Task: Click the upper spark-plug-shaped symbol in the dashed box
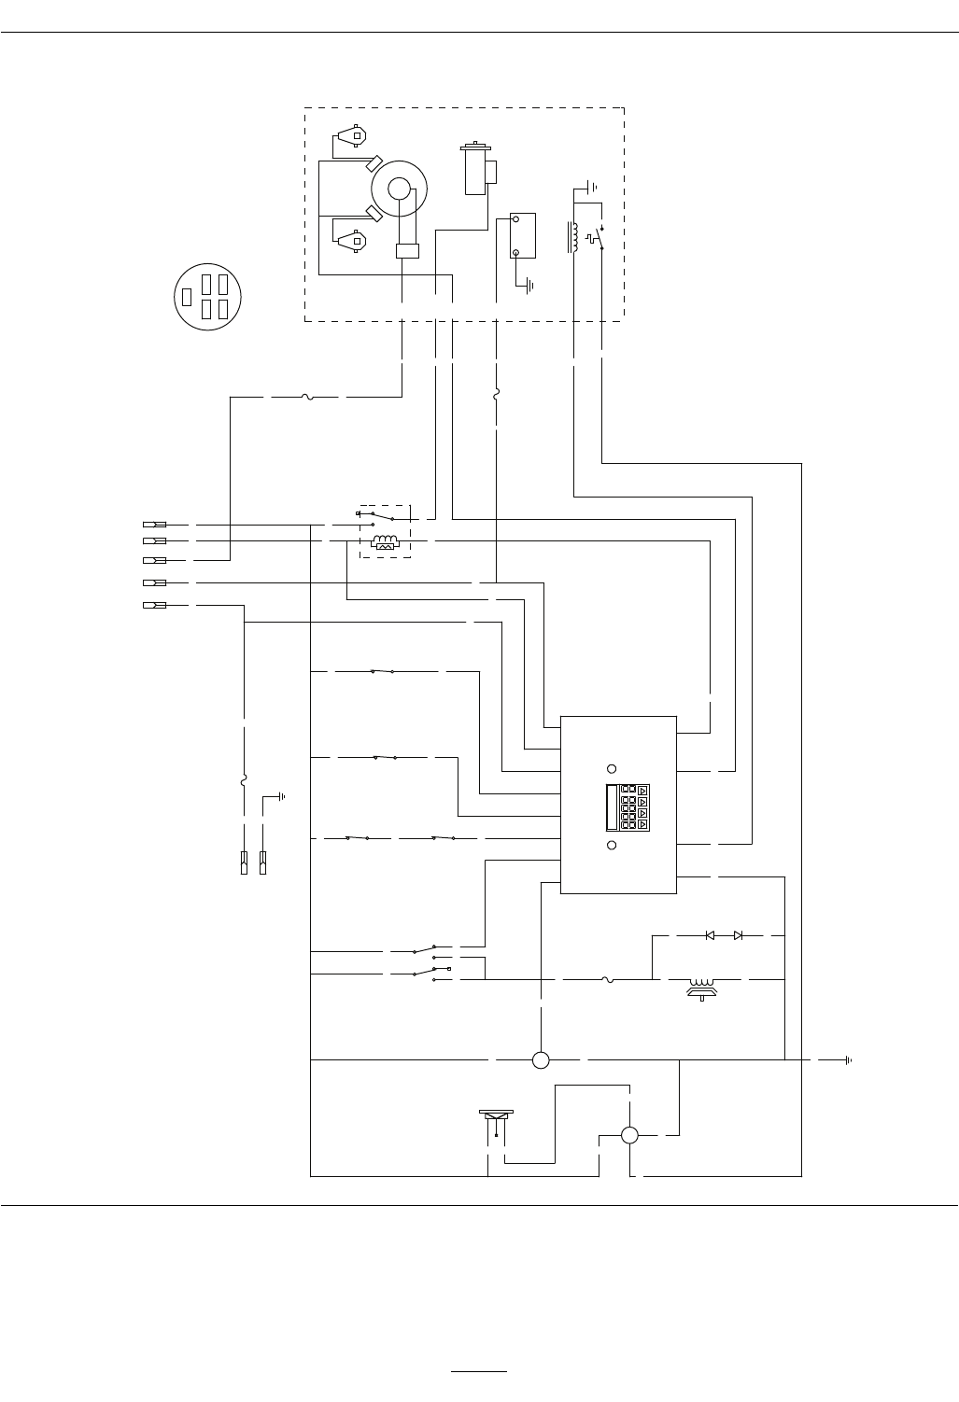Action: click(x=353, y=135)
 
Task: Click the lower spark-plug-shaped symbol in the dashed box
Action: click(x=353, y=241)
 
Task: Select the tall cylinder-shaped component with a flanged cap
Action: click(x=476, y=169)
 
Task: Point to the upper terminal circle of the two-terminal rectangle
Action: click(x=515, y=221)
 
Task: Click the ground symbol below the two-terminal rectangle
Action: click(x=529, y=285)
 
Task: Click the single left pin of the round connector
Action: click(x=187, y=297)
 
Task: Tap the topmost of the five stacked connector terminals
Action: click(x=154, y=525)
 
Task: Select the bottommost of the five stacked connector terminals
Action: click(x=154, y=605)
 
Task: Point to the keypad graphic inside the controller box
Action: click(x=627, y=807)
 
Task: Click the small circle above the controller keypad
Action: click(x=612, y=768)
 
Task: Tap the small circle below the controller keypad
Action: click(x=612, y=845)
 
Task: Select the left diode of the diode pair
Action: click(x=710, y=934)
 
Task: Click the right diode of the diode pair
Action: click(x=738, y=934)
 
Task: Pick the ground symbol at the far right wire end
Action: click(x=848, y=1060)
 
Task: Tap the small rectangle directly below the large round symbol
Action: click(x=407, y=250)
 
